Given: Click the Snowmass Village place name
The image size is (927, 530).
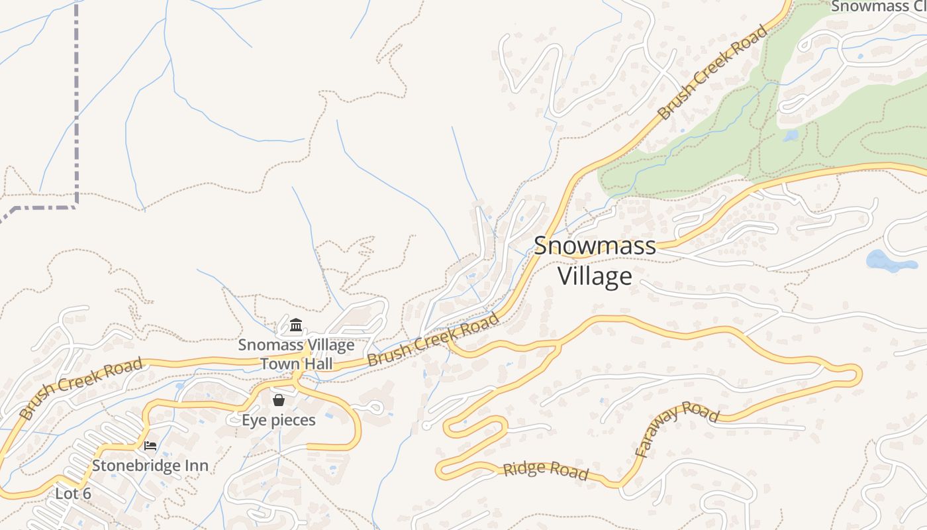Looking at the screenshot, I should click(595, 260).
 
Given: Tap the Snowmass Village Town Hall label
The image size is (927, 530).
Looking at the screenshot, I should click(296, 354).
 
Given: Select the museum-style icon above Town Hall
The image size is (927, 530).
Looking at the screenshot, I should click(296, 325).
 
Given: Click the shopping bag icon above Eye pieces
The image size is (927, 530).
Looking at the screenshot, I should click(279, 400).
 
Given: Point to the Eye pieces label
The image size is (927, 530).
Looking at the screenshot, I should click(279, 420).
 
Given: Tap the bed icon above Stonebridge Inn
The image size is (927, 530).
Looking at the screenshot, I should click(150, 446).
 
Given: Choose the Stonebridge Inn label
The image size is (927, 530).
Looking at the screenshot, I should click(150, 466).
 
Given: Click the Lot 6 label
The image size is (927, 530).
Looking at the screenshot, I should click(73, 494).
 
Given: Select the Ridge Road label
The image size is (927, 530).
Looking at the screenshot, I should click(546, 470).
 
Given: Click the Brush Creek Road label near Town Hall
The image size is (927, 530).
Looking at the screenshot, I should click(433, 341).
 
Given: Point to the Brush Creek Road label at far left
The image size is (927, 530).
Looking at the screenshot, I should click(81, 388).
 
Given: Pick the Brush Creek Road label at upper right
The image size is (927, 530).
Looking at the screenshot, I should click(712, 73).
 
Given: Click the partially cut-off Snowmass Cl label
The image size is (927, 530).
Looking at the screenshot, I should click(877, 7).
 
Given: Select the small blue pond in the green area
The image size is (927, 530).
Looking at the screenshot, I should click(790, 136).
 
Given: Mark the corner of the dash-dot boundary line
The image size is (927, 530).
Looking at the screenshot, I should click(77, 207).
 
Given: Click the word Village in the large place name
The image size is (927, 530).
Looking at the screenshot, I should click(595, 276).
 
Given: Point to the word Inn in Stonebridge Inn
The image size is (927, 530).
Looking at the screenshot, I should click(195, 466).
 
